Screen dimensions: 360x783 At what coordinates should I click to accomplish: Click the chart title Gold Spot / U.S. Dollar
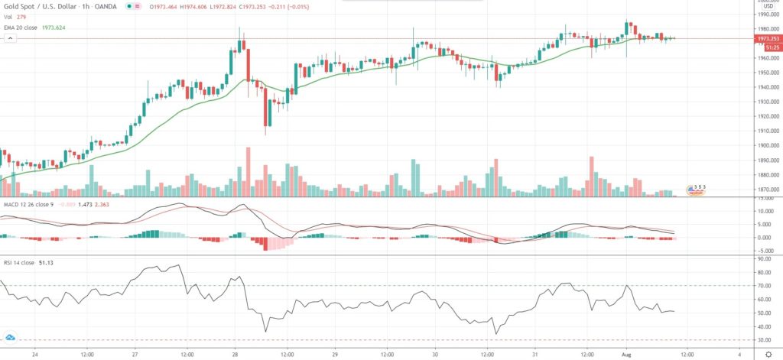coord(41,7)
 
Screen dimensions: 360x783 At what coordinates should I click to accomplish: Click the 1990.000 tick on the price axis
coord(767,14)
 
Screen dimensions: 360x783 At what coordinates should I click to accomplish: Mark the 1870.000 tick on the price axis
coord(767,190)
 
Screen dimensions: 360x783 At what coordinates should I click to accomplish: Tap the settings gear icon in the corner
coord(768,354)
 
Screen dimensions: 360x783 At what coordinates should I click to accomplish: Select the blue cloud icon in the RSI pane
coord(11,337)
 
